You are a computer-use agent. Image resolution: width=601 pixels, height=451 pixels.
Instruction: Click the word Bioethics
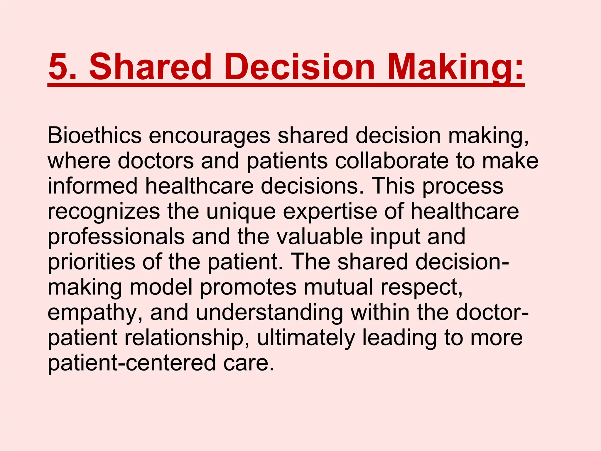pyautogui.click(x=94, y=136)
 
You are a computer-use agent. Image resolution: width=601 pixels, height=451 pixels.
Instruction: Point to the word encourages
pyautogui.click(x=210, y=136)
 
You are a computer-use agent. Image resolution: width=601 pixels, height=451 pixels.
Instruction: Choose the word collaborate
pyautogui.click(x=392, y=161)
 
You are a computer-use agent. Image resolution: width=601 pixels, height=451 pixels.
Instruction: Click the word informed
pyautogui.click(x=92, y=186)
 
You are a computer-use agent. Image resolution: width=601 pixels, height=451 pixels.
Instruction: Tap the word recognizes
pyautogui.click(x=104, y=211)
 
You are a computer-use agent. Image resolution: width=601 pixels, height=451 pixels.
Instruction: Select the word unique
pyautogui.click(x=241, y=211)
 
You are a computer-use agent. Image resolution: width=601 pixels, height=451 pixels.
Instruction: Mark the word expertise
pyautogui.click(x=330, y=211)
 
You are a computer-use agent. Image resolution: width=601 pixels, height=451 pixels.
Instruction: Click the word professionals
pyautogui.click(x=116, y=237)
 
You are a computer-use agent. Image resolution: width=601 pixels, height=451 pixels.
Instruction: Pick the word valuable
pyautogui.click(x=320, y=237)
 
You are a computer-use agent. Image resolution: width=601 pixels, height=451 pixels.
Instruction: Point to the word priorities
pyautogui.click(x=91, y=262)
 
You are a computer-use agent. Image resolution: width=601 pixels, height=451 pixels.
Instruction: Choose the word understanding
pyautogui.click(x=269, y=312)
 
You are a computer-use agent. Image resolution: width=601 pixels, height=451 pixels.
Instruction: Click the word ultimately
pyautogui.click(x=306, y=338)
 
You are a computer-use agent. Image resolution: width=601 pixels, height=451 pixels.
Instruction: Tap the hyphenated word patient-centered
pyautogui.click(x=132, y=363)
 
